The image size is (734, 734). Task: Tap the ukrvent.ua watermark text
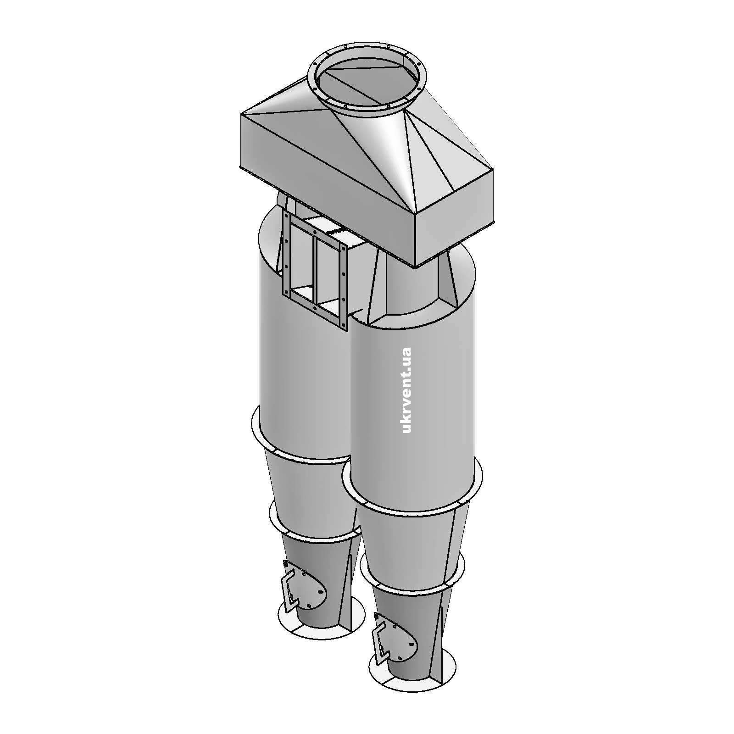pyautogui.click(x=406, y=390)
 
